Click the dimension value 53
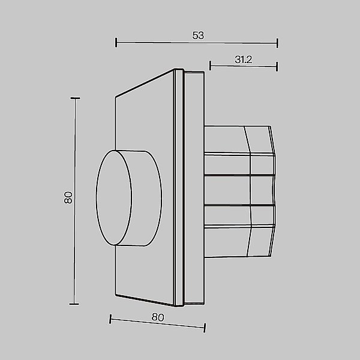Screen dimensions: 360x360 (198, 35)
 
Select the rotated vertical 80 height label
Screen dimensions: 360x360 (68, 197)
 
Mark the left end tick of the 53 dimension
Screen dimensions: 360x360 (116, 42)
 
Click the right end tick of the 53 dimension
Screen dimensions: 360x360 (277, 42)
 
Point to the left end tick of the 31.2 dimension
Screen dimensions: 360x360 (210, 65)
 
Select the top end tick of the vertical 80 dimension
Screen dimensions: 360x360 (75, 98)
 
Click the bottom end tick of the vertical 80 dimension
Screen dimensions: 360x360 (75, 304)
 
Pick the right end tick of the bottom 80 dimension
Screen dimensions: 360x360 (205, 327)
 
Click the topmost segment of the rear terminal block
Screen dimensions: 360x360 (240, 139)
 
